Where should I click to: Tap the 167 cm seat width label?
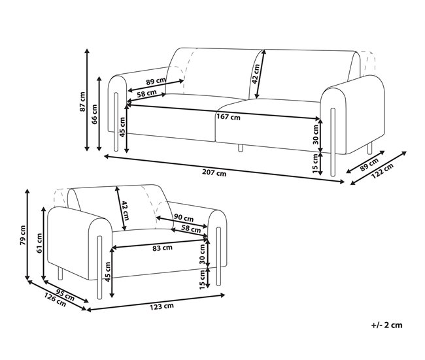click(x=229, y=118)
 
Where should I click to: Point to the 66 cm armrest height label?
click(x=95, y=114)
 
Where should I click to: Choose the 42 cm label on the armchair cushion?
click(x=123, y=209)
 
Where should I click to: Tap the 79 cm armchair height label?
click(x=23, y=235)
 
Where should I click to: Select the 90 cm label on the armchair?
click(x=184, y=218)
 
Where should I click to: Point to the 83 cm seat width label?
click(x=162, y=248)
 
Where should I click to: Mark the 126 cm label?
click(x=55, y=299)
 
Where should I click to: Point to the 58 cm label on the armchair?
click(x=191, y=229)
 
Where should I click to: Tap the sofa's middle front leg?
click(x=240, y=148)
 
